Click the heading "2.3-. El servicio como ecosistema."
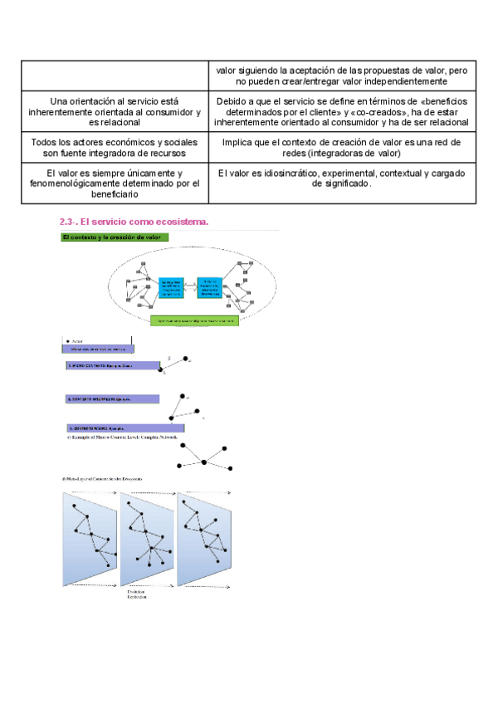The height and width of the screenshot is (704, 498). (x=134, y=222)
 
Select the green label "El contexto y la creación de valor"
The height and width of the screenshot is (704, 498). (x=115, y=237)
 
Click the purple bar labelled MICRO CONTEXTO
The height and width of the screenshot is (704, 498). (x=113, y=364)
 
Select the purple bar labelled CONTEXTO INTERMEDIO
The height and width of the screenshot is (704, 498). (x=112, y=399)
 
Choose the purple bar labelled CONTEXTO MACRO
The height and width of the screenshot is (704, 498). (x=112, y=428)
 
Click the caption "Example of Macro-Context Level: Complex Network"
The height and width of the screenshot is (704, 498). (x=124, y=436)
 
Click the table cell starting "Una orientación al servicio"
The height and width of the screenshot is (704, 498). (x=115, y=111)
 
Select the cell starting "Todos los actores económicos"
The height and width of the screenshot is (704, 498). (x=115, y=148)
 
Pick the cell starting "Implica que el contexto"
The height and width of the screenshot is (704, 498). (x=342, y=148)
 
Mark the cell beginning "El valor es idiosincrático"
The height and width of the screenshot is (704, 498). (x=342, y=178)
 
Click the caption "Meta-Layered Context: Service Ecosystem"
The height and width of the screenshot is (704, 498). (x=103, y=479)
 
